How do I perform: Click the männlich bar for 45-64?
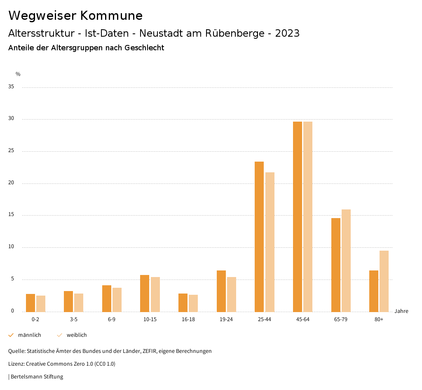pos(298,216)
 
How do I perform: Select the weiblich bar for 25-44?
pos(270,242)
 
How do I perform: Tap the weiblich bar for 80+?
pos(384,281)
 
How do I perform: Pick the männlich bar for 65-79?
pos(336,265)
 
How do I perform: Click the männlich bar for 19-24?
pos(221,291)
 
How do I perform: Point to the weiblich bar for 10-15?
pos(155,294)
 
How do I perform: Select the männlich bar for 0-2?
pos(30,303)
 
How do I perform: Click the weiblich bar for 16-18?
pos(193,303)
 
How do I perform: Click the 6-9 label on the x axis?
pos(112,320)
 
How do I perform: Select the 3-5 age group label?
pos(74,320)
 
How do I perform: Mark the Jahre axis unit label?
pos(401,311)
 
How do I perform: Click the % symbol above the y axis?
pos(18,74)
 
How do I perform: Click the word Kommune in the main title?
pos(111,16)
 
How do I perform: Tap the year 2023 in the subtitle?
pos(287,33)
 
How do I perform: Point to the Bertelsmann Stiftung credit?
pos(37,377)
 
